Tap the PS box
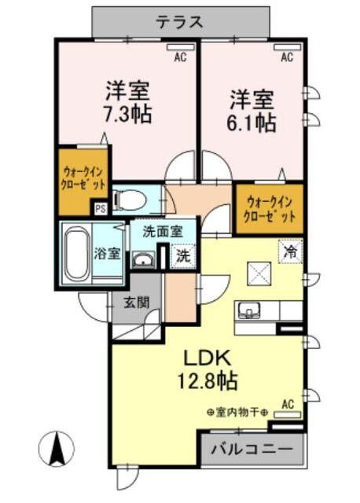pyautogui.click(x=101, y=209)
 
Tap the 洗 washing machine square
pyautogui.click(x=182, y=256)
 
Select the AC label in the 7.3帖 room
pyautogui.click(x=180, y=56)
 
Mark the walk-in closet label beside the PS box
pyautogui.click(x=83, y=178)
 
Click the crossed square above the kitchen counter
pyautogui.click(x=259, y=272)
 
